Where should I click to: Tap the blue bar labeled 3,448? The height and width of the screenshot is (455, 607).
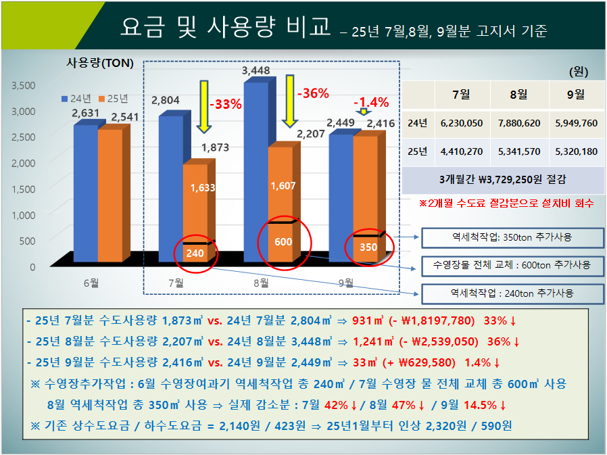click(x=256, y=169)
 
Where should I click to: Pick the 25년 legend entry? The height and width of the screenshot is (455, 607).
click(x=113, y=97)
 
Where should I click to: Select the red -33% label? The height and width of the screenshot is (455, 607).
click(x=225, y=105)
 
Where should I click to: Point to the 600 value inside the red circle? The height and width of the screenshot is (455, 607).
click(x=283, y=242)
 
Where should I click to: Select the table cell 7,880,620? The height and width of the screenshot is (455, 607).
click(x=518, y=123)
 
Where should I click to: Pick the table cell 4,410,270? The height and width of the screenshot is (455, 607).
click(x=461, y=151)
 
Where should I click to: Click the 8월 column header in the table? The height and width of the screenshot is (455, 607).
click(x=518, y=95)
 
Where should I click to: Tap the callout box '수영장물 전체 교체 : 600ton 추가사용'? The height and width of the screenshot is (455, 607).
click(x=511, y=265)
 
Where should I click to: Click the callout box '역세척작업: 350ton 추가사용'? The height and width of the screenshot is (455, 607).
click(x=511, y=238)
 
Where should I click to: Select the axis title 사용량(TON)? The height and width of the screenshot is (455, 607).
click(x=100, y=64)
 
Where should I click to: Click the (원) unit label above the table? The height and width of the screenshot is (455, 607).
click(x=578, y=70)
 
